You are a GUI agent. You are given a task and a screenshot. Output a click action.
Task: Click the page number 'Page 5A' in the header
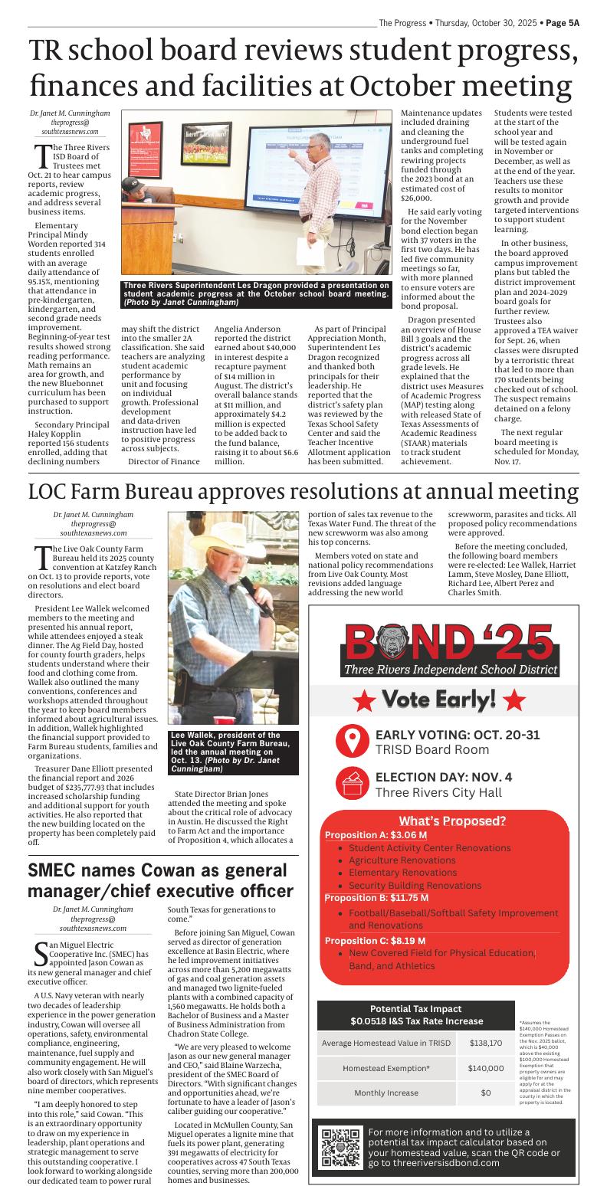click(x=563, y=23)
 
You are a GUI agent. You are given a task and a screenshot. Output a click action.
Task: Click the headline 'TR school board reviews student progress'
click(x=303, y=51)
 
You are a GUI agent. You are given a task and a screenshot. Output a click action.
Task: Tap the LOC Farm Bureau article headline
click(x=303, y=490)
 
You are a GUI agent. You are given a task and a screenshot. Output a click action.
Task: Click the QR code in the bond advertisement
click(x=340, y=1147)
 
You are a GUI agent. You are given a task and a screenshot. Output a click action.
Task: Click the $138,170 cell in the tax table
click(x=486, y=1043)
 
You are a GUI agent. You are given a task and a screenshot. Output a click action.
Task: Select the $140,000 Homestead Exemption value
click(x=486, y=1068)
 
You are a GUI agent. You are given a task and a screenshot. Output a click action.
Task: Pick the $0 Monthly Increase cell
click(x=486, y=1093)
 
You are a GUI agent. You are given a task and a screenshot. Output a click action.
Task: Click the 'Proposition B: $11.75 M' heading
click(x=376, y=897)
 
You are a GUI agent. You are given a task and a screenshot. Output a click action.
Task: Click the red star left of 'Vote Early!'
click(x=365, y=700)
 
